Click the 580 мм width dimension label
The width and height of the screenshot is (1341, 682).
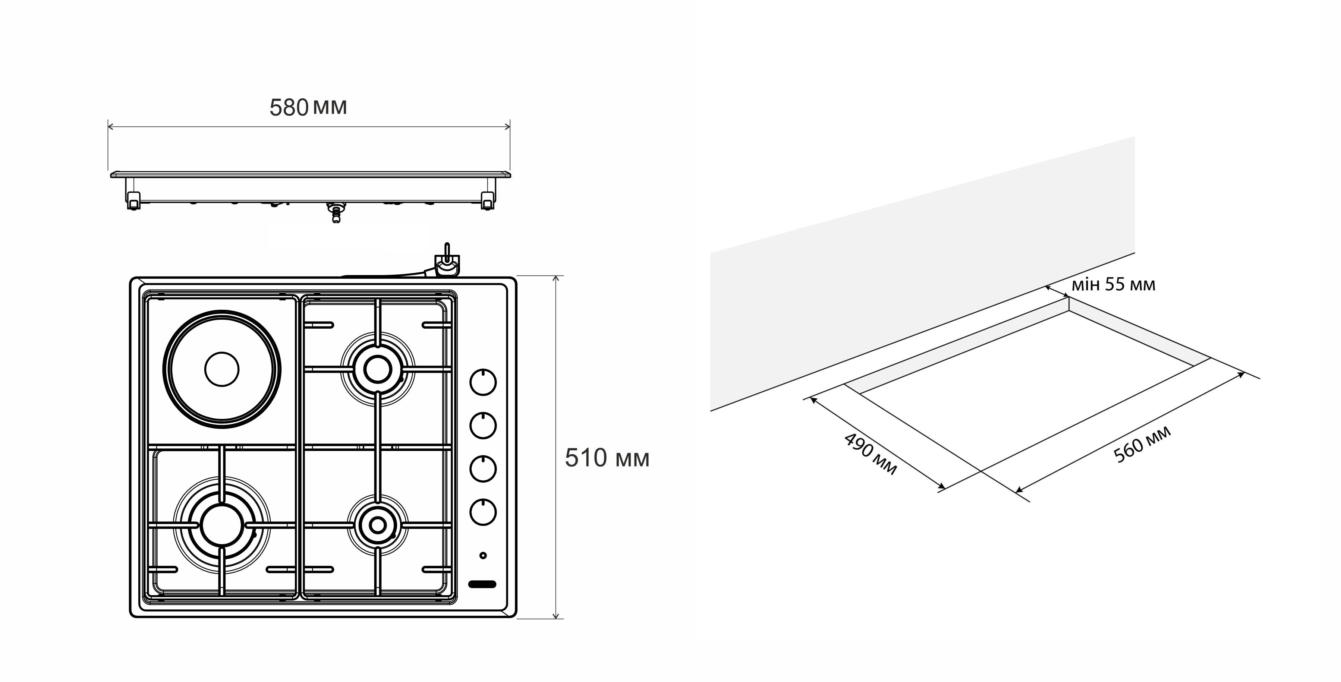[308, 107]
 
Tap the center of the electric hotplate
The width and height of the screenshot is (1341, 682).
[222, 369]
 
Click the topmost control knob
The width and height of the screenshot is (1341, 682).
[483, 382]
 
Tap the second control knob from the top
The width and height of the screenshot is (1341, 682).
[483, 426]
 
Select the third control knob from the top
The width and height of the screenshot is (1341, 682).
[483, 469]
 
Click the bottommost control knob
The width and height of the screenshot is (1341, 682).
[483, 512]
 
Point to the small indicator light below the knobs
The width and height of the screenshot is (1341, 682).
[483, 556]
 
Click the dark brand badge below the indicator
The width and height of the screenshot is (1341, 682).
[482, 584]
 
